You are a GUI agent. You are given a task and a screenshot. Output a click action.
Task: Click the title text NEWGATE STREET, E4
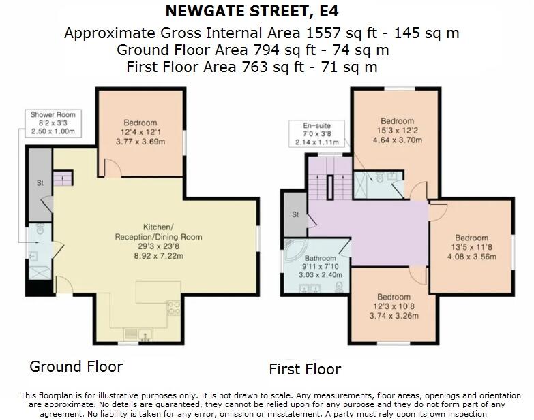[x=252, y=12]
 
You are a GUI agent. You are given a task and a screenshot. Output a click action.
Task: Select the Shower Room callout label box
[x=53, y=123]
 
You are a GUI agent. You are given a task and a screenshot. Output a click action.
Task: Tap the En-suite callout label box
[x=316, y=133]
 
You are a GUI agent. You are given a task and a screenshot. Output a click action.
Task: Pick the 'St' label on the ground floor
[x=40, y=183]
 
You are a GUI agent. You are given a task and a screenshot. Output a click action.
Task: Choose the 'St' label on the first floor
[x=295, y=214]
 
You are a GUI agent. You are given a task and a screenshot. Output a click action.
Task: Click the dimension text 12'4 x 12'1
[x=140, y=132]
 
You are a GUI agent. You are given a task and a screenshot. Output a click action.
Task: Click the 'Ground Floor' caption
[x=76, y=366]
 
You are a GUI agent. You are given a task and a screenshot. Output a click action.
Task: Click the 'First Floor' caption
[x=304, y=369]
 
